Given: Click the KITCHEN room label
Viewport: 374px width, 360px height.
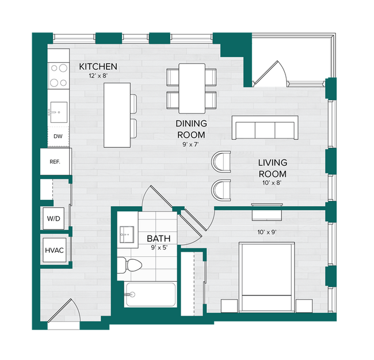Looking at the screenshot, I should pyautogui.click(x=98, y=67).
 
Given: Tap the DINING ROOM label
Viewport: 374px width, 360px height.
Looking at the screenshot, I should pyautogui.click(x=191, y=129).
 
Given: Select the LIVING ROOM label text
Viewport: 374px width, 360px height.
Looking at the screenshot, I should pyautogui.click(x=272, y=168).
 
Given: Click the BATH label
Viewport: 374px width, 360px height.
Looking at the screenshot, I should pyautogui.click(x=158, y=238).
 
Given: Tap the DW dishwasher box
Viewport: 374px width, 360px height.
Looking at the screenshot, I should pyautogui.click(x=58, y=137).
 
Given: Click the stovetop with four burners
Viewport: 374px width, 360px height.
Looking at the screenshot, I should pyautogui.click(x=58, y=73).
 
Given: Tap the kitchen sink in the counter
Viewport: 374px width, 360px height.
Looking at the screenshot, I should pyautogui.click(x=58, y=110).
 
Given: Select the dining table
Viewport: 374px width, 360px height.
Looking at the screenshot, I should pyautogui.click(x=192, y=88).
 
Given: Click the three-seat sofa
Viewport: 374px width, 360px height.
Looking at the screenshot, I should pyautogui.click(x=265, y=128).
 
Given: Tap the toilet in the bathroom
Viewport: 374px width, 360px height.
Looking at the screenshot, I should pyautogui.click(x=131, y=266).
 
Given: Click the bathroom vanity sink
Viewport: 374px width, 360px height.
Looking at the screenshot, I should pyautogui.click(x=127, y=234).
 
